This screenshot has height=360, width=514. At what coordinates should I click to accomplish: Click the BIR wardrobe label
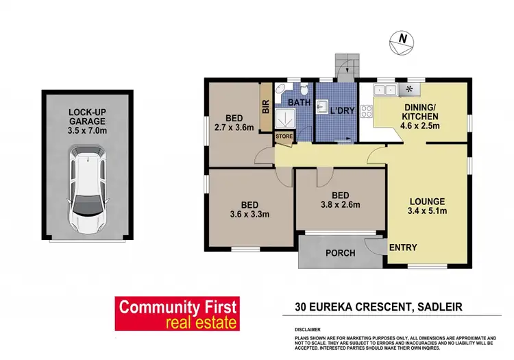click(x=265, y=107)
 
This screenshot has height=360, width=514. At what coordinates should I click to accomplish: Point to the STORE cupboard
click(x=284, y=136)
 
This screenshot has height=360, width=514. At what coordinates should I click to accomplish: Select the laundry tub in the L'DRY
click(x=322, y=106)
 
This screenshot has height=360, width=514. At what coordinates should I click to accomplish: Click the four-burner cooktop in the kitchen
click(x=411, y=89)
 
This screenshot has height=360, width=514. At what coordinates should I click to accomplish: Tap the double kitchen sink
click(x=384, y=89)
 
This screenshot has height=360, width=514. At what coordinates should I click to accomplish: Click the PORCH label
click(x=339, y=253)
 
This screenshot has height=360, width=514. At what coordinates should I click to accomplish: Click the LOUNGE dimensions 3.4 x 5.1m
click(x=428, y=211)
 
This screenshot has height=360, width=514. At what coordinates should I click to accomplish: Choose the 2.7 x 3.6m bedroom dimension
click(x=234, y=127)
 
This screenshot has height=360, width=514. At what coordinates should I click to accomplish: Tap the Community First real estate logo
click(x=177, y=314)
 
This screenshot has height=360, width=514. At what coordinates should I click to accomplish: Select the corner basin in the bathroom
click(x=281, y=89)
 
